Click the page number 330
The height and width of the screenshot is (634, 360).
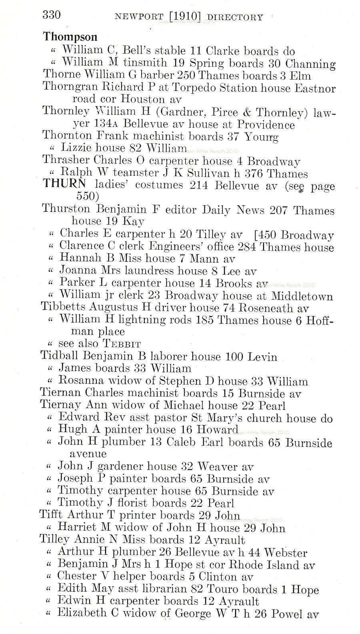pos(52,15)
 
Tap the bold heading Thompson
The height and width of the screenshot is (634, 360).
pos(70,37)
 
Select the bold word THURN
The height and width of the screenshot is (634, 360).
pos(64,185)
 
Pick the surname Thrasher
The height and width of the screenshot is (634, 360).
pos(66,161)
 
